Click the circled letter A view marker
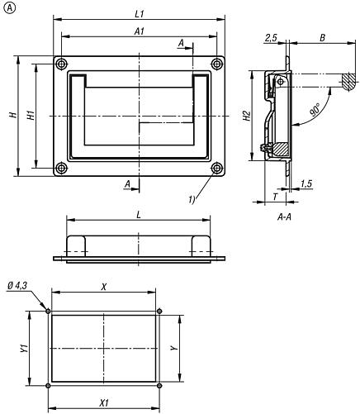coord(8,8)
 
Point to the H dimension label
coord(12,117)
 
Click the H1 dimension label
coord(30,117)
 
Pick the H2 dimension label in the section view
coord(246,118)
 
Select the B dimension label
coord(321,37)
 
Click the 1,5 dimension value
coord(306,183)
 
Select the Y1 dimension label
coord(24,348)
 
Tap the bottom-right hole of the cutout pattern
coord(159,386)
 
